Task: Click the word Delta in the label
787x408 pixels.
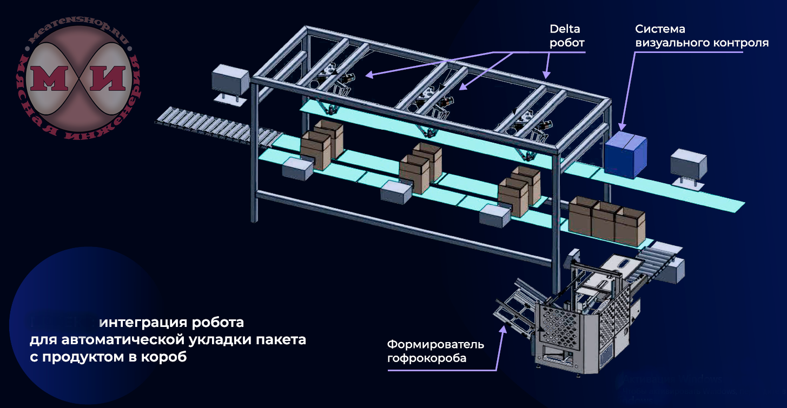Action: [565, 29]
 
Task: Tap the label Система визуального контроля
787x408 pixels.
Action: [702, 36]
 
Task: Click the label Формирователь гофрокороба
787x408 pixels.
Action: [435, 351]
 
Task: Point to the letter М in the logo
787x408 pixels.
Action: [52, 78]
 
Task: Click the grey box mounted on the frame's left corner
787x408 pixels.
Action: [229, 80]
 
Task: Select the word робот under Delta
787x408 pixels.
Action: [567, 43]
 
